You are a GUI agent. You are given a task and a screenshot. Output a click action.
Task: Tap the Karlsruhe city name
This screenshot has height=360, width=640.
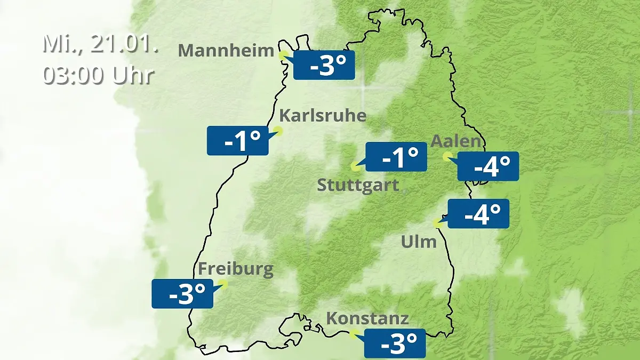pos(323,116)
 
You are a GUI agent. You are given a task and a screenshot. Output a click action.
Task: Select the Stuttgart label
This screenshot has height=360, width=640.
pos(358,186)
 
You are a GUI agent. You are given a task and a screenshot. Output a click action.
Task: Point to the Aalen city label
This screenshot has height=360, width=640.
pos(455,142)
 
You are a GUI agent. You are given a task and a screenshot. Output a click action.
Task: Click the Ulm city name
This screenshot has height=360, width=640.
pos(419,242)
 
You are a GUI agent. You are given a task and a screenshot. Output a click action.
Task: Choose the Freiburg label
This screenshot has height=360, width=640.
pos(236,269)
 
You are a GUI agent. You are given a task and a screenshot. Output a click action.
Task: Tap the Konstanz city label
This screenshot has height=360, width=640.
pos(367,319)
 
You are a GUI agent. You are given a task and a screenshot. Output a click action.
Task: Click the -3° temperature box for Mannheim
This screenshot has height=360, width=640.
pos(324,65)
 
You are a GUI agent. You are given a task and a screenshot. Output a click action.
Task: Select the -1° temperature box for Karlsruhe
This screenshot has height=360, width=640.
pos(238,141)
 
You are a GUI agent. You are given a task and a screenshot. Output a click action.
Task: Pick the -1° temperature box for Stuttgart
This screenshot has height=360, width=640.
pos(396,157)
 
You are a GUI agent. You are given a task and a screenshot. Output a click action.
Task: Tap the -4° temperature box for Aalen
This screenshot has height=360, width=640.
pos(488,166)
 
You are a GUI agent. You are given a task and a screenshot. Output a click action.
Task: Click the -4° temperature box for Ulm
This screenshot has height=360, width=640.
pos(478,214)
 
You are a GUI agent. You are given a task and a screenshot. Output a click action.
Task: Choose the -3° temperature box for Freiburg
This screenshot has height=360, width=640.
pos(182,293)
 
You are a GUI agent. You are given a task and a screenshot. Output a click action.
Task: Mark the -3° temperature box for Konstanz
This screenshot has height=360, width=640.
pos(395,343)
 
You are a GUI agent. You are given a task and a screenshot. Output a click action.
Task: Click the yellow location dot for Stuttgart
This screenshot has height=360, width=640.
pos(355,166)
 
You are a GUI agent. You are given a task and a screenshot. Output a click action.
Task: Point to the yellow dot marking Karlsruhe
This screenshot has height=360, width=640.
pos(277,130)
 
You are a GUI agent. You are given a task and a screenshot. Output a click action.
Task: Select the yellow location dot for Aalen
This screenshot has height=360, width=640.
pos(447,156)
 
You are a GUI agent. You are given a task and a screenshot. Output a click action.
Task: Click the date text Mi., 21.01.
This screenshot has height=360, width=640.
pos(100,44)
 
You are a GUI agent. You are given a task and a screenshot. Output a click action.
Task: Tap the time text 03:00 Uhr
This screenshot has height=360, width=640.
pos(98,75)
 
